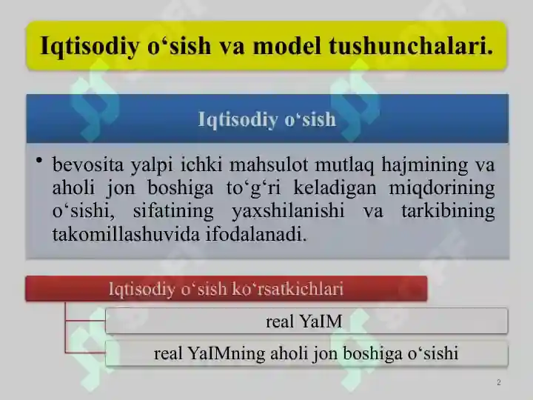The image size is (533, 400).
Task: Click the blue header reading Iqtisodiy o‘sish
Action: click(267, 119)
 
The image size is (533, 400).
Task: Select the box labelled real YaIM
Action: click(306, 321)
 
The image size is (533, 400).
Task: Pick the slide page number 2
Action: click(499, 383)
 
